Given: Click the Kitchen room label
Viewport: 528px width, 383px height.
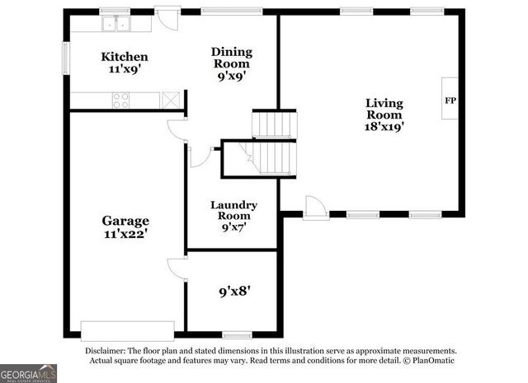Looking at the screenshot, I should (x=125, y=57).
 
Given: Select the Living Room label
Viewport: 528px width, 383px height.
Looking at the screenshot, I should (x=384, y=104).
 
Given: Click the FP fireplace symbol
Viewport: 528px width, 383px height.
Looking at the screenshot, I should (x=450, y=100).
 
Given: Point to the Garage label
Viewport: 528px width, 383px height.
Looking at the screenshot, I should (x=125, y=221).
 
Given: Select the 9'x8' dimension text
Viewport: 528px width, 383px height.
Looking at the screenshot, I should (x=234, y=291).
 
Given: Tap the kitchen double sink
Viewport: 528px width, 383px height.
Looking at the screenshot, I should (x=116, y=24).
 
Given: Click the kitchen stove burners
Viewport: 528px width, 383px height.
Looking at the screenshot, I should (x=120, y=100).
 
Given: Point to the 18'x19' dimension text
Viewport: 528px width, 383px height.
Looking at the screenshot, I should (x=384, y=127).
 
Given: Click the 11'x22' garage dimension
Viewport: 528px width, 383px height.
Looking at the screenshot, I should (x=125, y=234).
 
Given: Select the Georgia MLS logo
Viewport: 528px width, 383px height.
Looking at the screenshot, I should (x=28, y=373).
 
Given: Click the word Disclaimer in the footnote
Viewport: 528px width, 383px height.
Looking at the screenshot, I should (x=109, y=350).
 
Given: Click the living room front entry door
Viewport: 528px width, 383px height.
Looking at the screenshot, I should (x=315, y=208).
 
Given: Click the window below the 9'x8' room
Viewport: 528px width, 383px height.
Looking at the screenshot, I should (x=237, y=334).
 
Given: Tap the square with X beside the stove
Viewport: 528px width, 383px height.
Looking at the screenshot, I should (x=171, y=100).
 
